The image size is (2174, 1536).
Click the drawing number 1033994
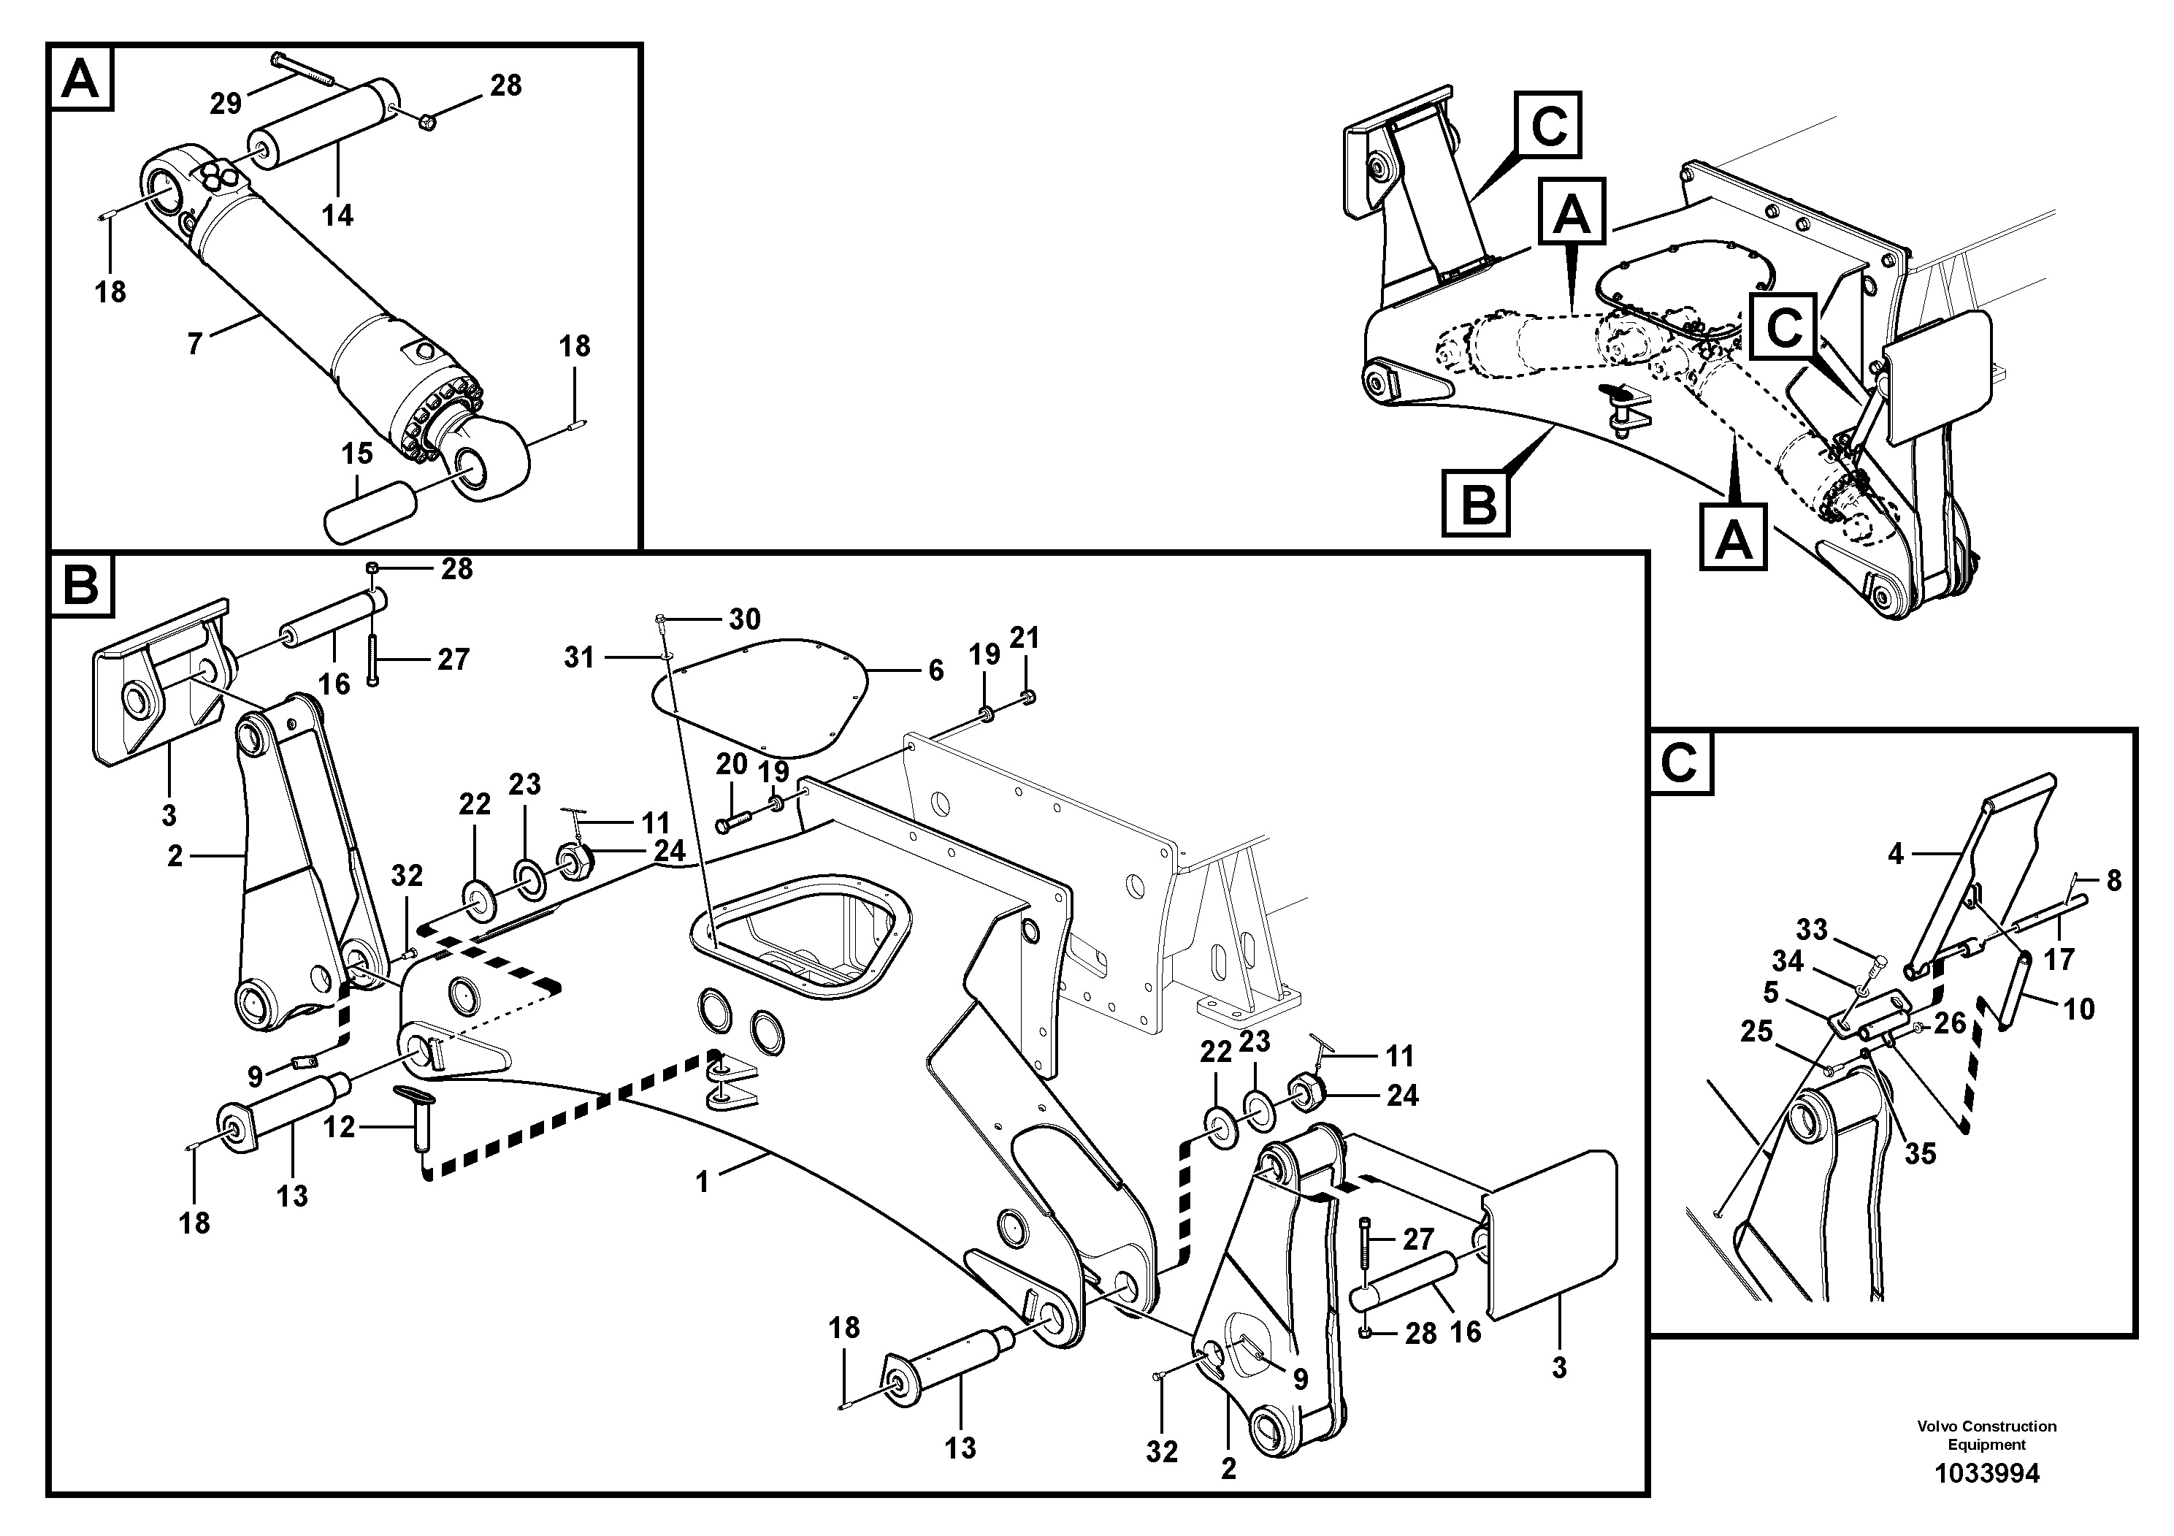[1986, 1473]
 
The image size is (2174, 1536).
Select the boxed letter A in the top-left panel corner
[80, 77]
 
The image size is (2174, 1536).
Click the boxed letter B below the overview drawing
[1477, 504]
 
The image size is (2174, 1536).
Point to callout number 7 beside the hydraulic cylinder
[194, 343]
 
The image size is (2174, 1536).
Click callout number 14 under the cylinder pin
[337, 215]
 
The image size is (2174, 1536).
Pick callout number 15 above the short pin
[357, 454]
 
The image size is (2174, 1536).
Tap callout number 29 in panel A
[226, 102]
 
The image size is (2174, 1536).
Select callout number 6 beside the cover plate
[935, 670]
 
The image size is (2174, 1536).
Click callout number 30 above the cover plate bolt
[744, 619]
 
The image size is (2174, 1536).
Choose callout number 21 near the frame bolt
[1025, 638]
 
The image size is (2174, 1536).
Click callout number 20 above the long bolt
[731, 763]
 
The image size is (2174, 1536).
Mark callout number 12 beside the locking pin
[339, 1127]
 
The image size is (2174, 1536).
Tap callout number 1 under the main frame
[702, 1182]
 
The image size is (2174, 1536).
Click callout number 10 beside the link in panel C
[2078, 1009]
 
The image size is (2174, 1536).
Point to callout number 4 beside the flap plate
[1895, 854]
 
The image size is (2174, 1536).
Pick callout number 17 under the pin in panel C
[2059, 959]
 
